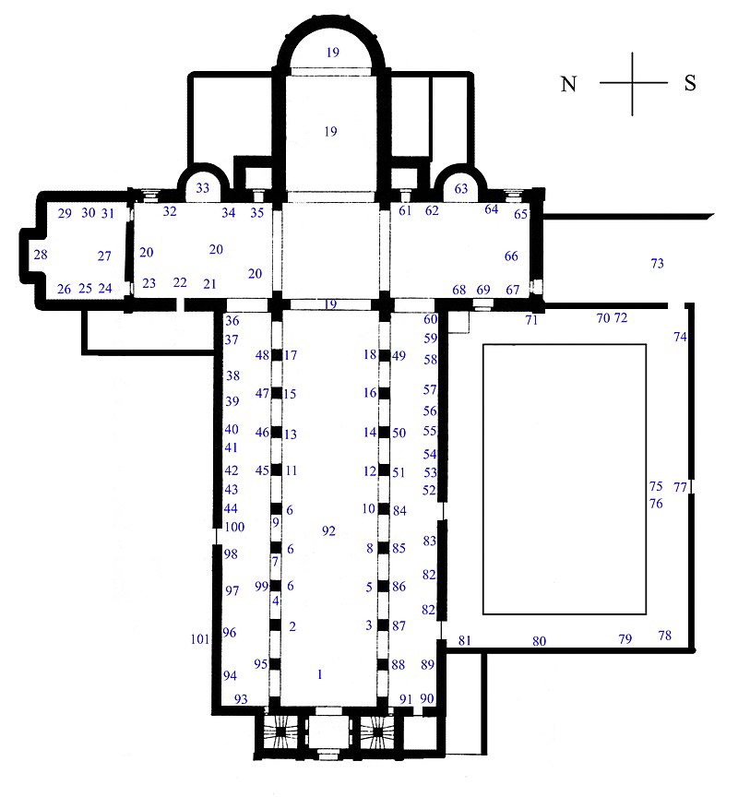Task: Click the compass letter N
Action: click(x=569, y=84)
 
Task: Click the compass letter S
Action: click(x=690, y=83)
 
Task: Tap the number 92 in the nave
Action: click(x=328, y=531)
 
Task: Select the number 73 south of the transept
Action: click(x=657, y=263)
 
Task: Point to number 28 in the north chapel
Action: click(x=41, y=255)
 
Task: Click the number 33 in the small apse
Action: click(x=203, y=188)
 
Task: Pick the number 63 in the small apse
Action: click(x=461, y=188)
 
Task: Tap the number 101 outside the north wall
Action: click(x=200, y=639)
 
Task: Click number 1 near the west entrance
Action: click(x=320, y=674)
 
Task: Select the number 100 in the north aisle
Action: click(x=235, y=527)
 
